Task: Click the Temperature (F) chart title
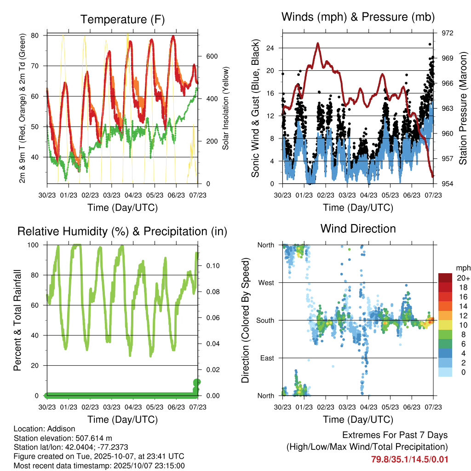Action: (x=122, y=19)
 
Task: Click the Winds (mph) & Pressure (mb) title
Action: (x=358, y=17)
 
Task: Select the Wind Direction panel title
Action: (x=358, y=228)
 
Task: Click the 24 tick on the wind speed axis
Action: (x=270, y=48)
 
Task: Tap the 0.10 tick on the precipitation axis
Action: (x=211, y=266)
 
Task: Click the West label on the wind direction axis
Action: (x=266, y=282)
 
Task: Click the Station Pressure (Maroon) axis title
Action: (x=463, y=109)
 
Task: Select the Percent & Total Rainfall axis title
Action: (x=17, y=320)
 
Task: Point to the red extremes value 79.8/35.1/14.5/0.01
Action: (x=409, y=459)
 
